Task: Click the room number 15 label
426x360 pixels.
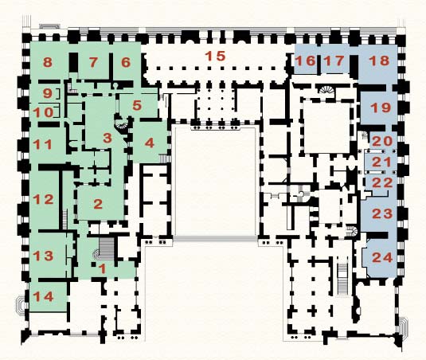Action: [x=215, y=56]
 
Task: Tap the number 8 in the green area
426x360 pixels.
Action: [x=48, y=62]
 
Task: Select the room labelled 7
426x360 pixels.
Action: [x=93, y=62]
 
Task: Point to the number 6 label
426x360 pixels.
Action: [x=126, y=62]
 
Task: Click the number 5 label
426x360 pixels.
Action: [x=137, y=105]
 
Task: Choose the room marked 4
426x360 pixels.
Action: [x=150, y=143]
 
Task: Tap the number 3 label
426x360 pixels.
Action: [x=107, y=138]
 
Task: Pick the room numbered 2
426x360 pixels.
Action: [x=98, y=204]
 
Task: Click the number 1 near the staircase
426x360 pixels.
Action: [x=103, y=269]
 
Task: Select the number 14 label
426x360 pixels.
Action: [x=43, y=296]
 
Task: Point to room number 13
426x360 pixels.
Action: [x=43, y=256]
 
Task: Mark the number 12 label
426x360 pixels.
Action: [x=43, y=200]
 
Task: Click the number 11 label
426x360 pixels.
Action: [x=42, y=144]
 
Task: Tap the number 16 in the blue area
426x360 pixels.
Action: [x=307, y=61]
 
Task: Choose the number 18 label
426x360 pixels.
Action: [x=379, y=61]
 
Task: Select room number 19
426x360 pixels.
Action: [x=381, y=108]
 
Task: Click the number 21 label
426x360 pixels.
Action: [x=381, y=162]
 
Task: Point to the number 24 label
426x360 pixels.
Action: [x=382, y=257]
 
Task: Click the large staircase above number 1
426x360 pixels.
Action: [x=107, y=248]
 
